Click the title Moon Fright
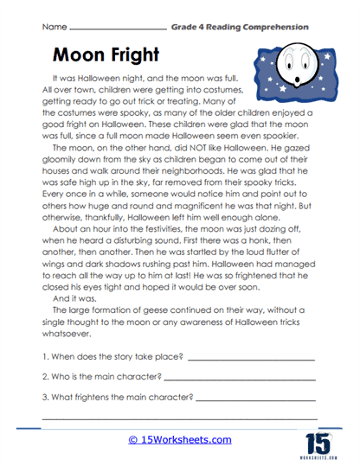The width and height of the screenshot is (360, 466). [106, 54]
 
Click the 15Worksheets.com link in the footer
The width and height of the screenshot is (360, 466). [180, 440]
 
